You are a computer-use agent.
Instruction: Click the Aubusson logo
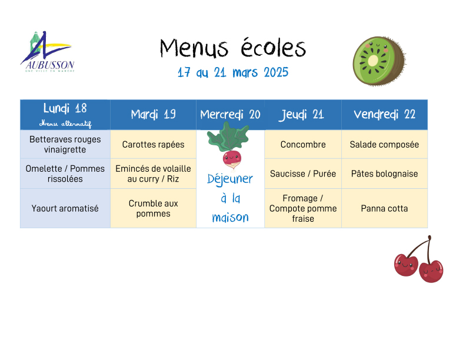point(48,52)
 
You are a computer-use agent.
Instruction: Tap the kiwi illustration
point(380,61)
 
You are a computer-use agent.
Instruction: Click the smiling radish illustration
point(229,146)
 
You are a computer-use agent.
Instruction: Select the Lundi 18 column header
point(65,115)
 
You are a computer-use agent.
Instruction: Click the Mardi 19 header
point(153,115)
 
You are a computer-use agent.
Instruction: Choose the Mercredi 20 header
point(230,115)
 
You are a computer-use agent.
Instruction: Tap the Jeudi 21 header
point(303,115)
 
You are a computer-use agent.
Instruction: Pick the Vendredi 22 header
point(385,115)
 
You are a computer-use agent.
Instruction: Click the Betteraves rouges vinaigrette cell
point(65,144)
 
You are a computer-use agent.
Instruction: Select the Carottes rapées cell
point(153,144)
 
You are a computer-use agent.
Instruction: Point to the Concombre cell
point(303,144)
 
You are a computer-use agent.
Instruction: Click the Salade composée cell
point(385,144)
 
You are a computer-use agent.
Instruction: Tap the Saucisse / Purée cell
point(303,174)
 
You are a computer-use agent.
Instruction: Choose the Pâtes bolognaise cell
point(385,174)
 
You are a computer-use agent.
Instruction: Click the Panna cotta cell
point(385,208)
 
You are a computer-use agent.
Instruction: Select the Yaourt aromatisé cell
point(65,208)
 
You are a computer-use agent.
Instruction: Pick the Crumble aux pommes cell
point(153,208)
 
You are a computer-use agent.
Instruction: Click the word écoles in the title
point(273,48)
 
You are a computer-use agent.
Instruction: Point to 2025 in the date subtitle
point(276,72)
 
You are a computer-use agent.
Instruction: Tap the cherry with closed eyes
point(431,271)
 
